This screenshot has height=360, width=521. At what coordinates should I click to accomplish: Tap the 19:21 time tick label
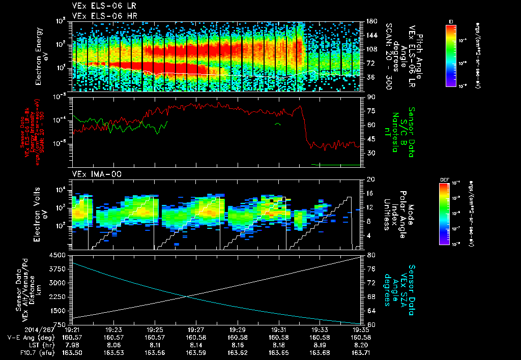click(x=73, y=329)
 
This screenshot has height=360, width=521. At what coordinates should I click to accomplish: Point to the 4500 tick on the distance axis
click(x=59, y=255)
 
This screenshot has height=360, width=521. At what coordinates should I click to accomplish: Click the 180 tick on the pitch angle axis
click(x=370, y=22)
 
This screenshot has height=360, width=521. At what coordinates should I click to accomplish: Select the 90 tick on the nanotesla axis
click(x=370, y=97)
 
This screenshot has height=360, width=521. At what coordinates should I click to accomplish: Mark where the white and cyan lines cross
click(x=187, y=297)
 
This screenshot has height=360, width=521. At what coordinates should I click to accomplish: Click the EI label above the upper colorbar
click(x=451, y=21)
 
